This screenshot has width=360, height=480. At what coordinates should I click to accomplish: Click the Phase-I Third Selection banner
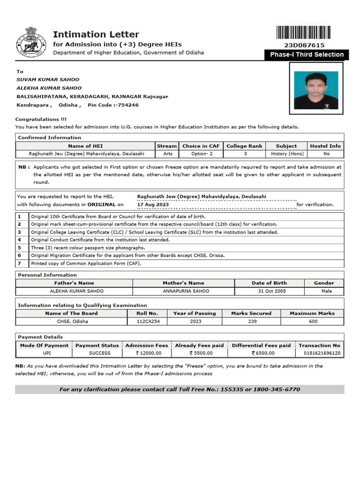click(x=307, y=55)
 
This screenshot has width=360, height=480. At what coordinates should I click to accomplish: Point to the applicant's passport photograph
click(x=315, y=90)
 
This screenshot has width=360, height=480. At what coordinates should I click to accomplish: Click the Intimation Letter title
click(x=96, y=34)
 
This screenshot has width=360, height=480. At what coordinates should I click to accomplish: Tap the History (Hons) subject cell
click(x=286, y=154)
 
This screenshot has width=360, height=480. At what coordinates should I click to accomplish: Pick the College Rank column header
click(x=244, y=146)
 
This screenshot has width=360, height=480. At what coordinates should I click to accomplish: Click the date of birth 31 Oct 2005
click(x=269, y=291)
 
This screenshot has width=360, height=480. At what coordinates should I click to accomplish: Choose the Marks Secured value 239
click(x=251, y=322)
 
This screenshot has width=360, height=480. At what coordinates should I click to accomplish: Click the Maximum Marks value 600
click(x=313, y=322)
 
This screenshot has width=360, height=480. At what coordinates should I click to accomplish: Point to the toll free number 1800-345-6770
click(x=277, y=390)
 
